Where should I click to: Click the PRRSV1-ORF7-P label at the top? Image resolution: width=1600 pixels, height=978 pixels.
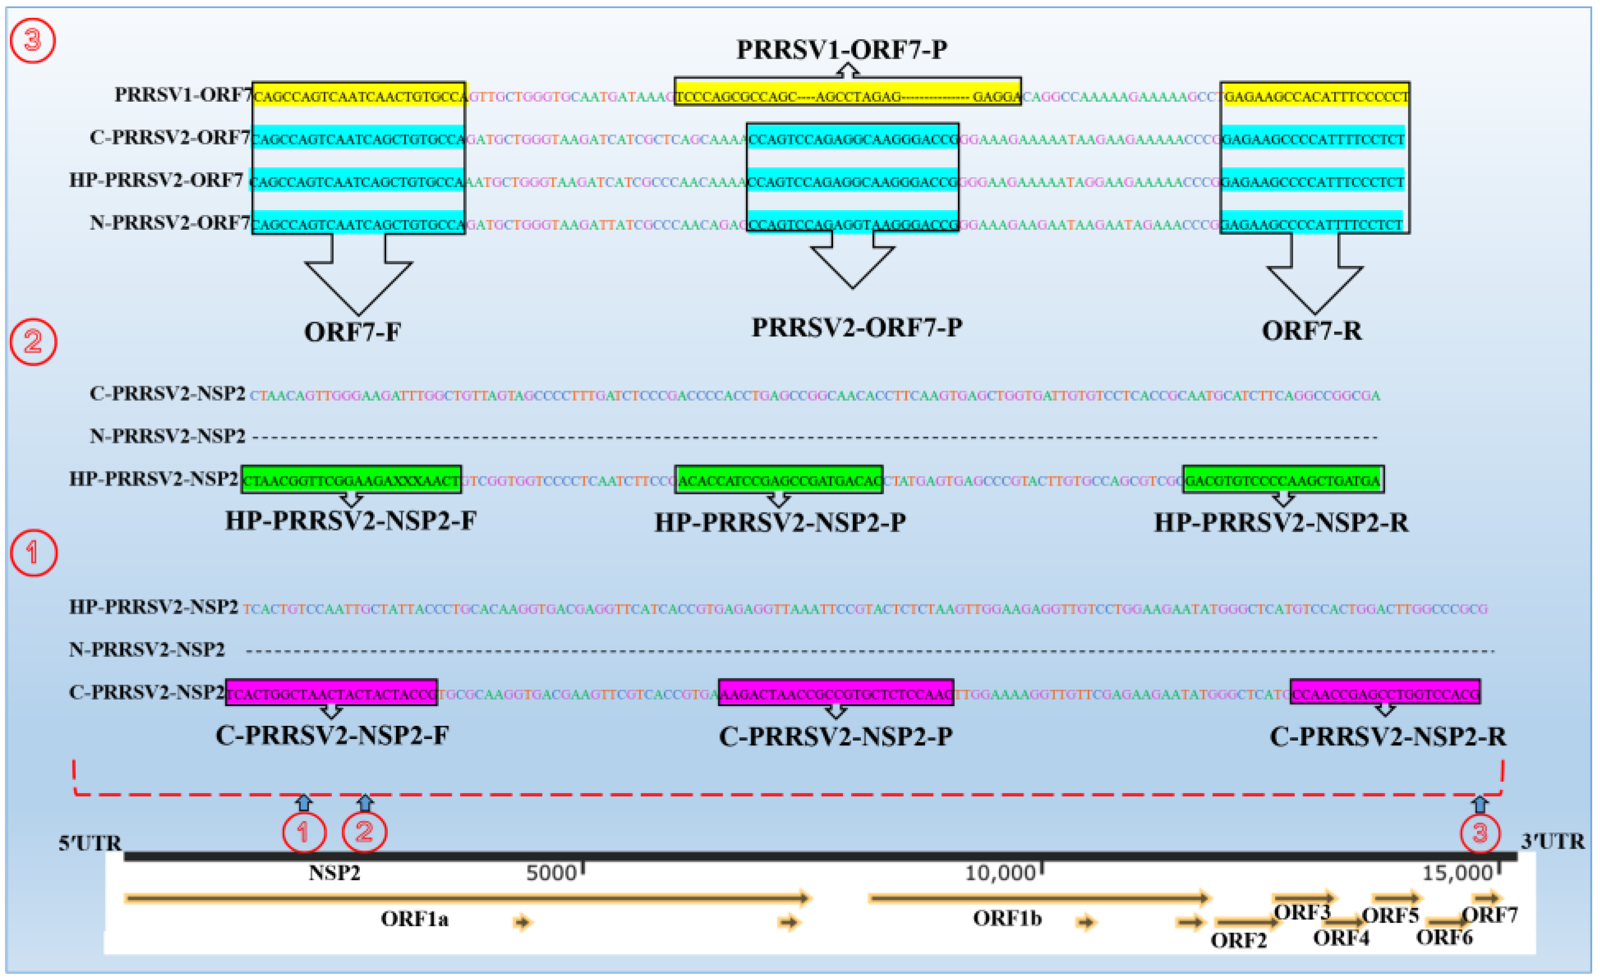841,49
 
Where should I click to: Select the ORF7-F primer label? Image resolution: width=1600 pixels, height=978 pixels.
353,332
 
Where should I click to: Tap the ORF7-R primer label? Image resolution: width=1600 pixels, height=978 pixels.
1312,330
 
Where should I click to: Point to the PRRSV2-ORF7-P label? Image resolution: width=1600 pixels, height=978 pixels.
857,327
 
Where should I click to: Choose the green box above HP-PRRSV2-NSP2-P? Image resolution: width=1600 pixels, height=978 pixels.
778,480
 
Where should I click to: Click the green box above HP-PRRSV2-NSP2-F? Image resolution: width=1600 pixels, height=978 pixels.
351,480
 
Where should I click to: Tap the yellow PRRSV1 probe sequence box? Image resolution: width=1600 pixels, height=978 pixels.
847,91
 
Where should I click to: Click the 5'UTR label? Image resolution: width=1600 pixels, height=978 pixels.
90,843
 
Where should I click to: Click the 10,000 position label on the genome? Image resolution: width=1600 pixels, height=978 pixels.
999,873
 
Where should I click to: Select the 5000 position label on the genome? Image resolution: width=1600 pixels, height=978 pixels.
551,873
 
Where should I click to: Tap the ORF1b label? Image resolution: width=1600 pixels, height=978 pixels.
1006,918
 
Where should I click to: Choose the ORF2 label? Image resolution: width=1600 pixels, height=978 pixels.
1238,940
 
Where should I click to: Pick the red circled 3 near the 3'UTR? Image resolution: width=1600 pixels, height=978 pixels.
1480,833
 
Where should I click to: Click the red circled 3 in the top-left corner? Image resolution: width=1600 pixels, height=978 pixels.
32,40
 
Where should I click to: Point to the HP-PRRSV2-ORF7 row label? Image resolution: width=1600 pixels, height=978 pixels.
156,180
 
